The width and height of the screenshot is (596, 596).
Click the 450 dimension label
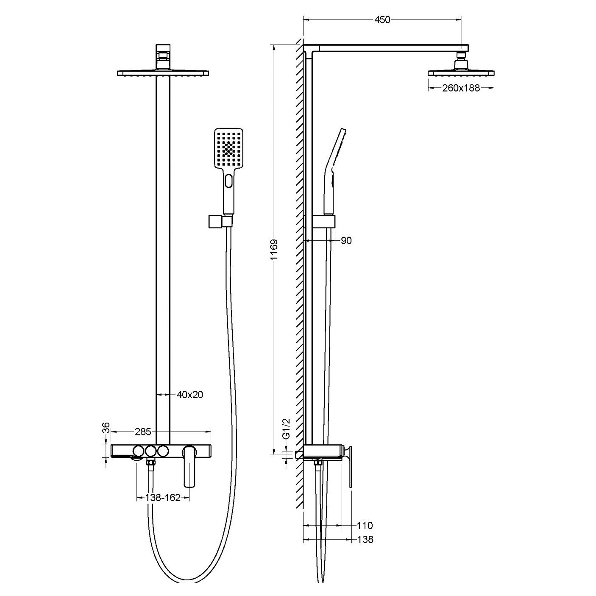[382, 20]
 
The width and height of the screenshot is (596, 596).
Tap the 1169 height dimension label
[274, 250]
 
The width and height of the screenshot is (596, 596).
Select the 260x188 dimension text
[461, 88]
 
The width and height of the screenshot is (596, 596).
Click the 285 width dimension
[143, 432]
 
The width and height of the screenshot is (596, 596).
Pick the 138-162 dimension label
[163, 497]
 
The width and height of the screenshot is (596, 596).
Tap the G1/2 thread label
[287, 429]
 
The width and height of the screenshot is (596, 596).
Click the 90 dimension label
[346, 240]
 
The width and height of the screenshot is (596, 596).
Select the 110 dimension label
[365, 525]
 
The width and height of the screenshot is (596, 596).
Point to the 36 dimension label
[106, 429]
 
